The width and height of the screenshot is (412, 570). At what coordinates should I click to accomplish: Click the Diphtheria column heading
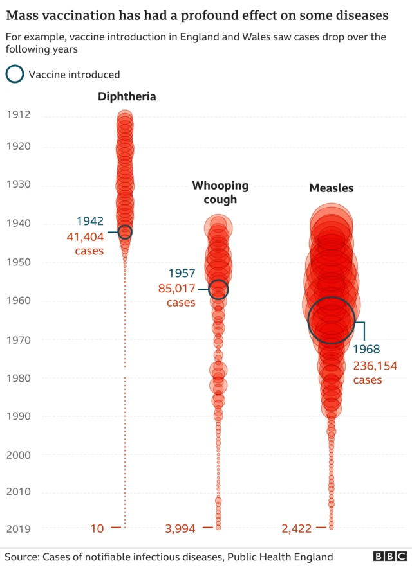127,96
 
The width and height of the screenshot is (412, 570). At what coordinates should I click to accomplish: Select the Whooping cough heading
220,192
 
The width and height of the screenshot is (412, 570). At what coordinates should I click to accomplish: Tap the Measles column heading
331,188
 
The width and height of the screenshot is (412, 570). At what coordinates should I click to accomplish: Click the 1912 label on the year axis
19,115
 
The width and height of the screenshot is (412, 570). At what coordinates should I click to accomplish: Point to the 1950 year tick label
19,262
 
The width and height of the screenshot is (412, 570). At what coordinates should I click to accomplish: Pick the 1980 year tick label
19,378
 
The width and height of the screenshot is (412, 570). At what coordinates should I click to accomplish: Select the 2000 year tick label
19,454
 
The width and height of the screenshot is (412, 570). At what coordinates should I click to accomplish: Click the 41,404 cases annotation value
85,237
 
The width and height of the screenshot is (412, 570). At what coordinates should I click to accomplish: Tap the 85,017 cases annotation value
176,289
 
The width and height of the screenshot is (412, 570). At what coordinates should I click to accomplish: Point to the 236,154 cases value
375,366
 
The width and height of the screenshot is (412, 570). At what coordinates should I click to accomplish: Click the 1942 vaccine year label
90,222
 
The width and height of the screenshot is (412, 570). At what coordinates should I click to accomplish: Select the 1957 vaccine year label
182,273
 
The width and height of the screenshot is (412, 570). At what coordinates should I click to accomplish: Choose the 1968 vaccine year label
366,350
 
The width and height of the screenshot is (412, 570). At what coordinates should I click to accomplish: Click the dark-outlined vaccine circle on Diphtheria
125,233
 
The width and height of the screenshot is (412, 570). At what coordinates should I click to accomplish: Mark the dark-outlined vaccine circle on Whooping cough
218,290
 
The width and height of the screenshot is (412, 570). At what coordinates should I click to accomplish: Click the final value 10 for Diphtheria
97,529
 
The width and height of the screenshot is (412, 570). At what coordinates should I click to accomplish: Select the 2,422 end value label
296,529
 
